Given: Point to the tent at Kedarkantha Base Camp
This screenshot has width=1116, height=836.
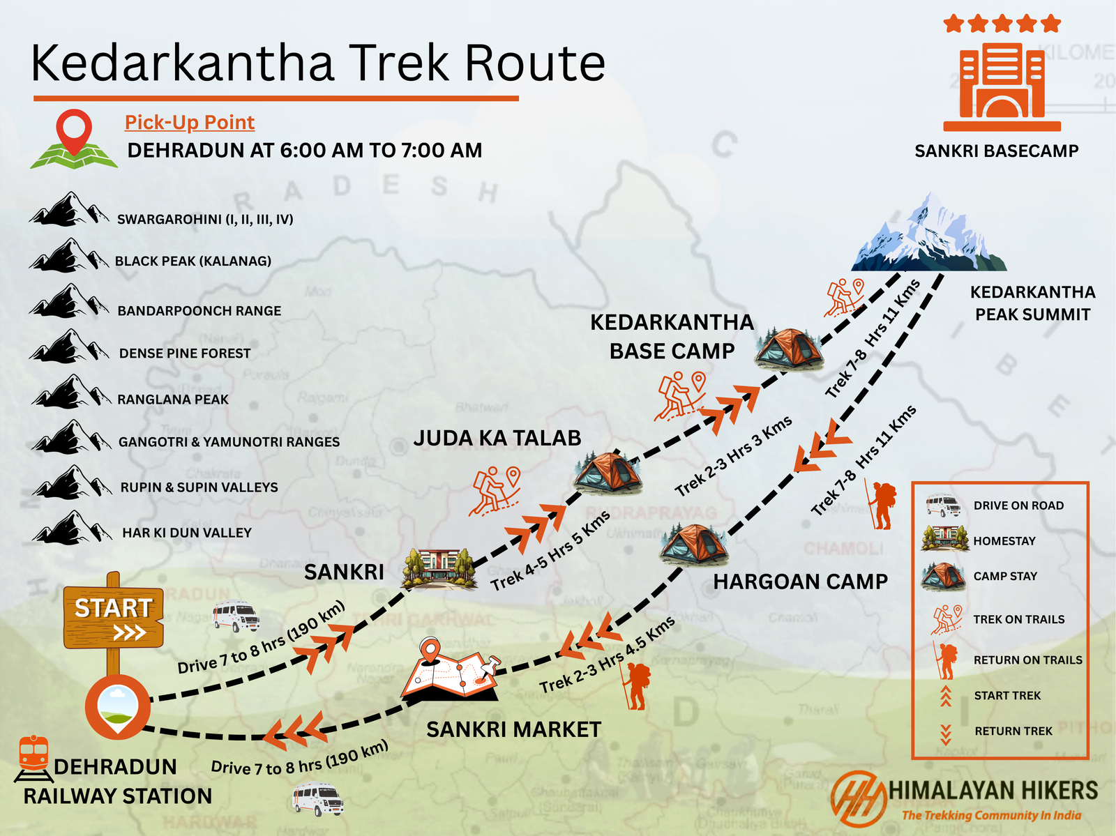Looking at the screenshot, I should [788, 347].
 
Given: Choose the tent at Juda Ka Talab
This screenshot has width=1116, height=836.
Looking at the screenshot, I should [607, 472].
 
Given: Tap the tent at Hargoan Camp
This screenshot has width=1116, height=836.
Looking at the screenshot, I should [694, 544].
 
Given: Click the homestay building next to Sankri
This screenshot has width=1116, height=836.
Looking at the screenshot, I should [437, 568].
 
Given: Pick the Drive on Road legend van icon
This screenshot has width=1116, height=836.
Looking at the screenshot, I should [943, 506].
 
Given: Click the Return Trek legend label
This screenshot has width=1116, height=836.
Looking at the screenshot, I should [1013, 731].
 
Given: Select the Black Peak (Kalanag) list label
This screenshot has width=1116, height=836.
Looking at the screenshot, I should [193, 261].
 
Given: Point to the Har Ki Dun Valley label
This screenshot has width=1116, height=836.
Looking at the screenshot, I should [187, 533].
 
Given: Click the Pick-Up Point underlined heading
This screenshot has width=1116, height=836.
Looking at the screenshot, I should [189, 123].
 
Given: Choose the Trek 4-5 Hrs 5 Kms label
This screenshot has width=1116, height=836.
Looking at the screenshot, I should [550, 551].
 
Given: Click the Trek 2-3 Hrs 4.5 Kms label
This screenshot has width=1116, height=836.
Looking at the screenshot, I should [608, 655].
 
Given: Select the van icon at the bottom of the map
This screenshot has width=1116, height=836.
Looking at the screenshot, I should [317, 799].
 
